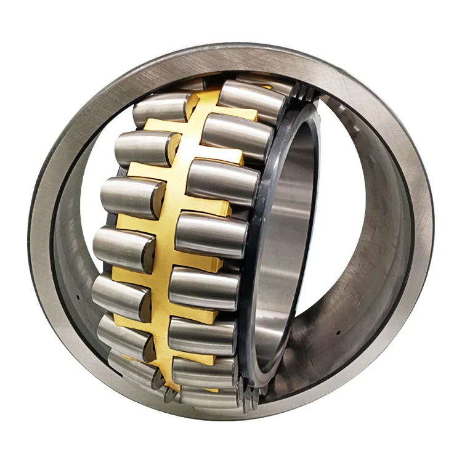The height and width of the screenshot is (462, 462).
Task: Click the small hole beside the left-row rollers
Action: [79, 296]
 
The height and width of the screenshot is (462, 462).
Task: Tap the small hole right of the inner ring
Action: [338, 331]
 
